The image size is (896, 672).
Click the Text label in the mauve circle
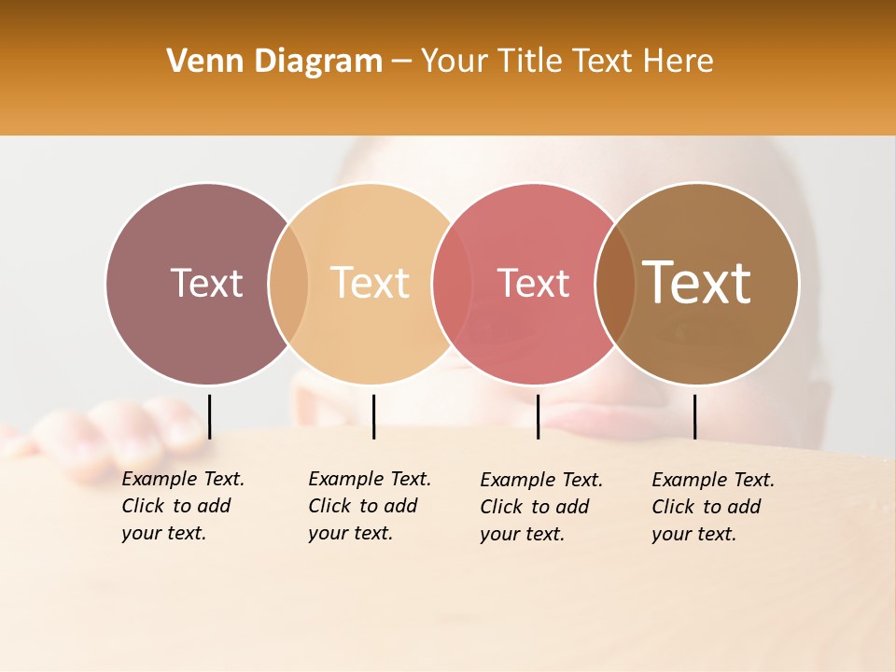206,283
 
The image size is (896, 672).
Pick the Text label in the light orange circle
370,283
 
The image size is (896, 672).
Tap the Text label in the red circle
533,283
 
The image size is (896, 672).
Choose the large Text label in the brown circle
697,283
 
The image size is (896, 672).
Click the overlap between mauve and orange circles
288,284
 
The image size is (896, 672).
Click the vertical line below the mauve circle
210,416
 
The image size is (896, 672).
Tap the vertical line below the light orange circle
373,416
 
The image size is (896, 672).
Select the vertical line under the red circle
538,416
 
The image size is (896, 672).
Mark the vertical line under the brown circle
694,416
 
